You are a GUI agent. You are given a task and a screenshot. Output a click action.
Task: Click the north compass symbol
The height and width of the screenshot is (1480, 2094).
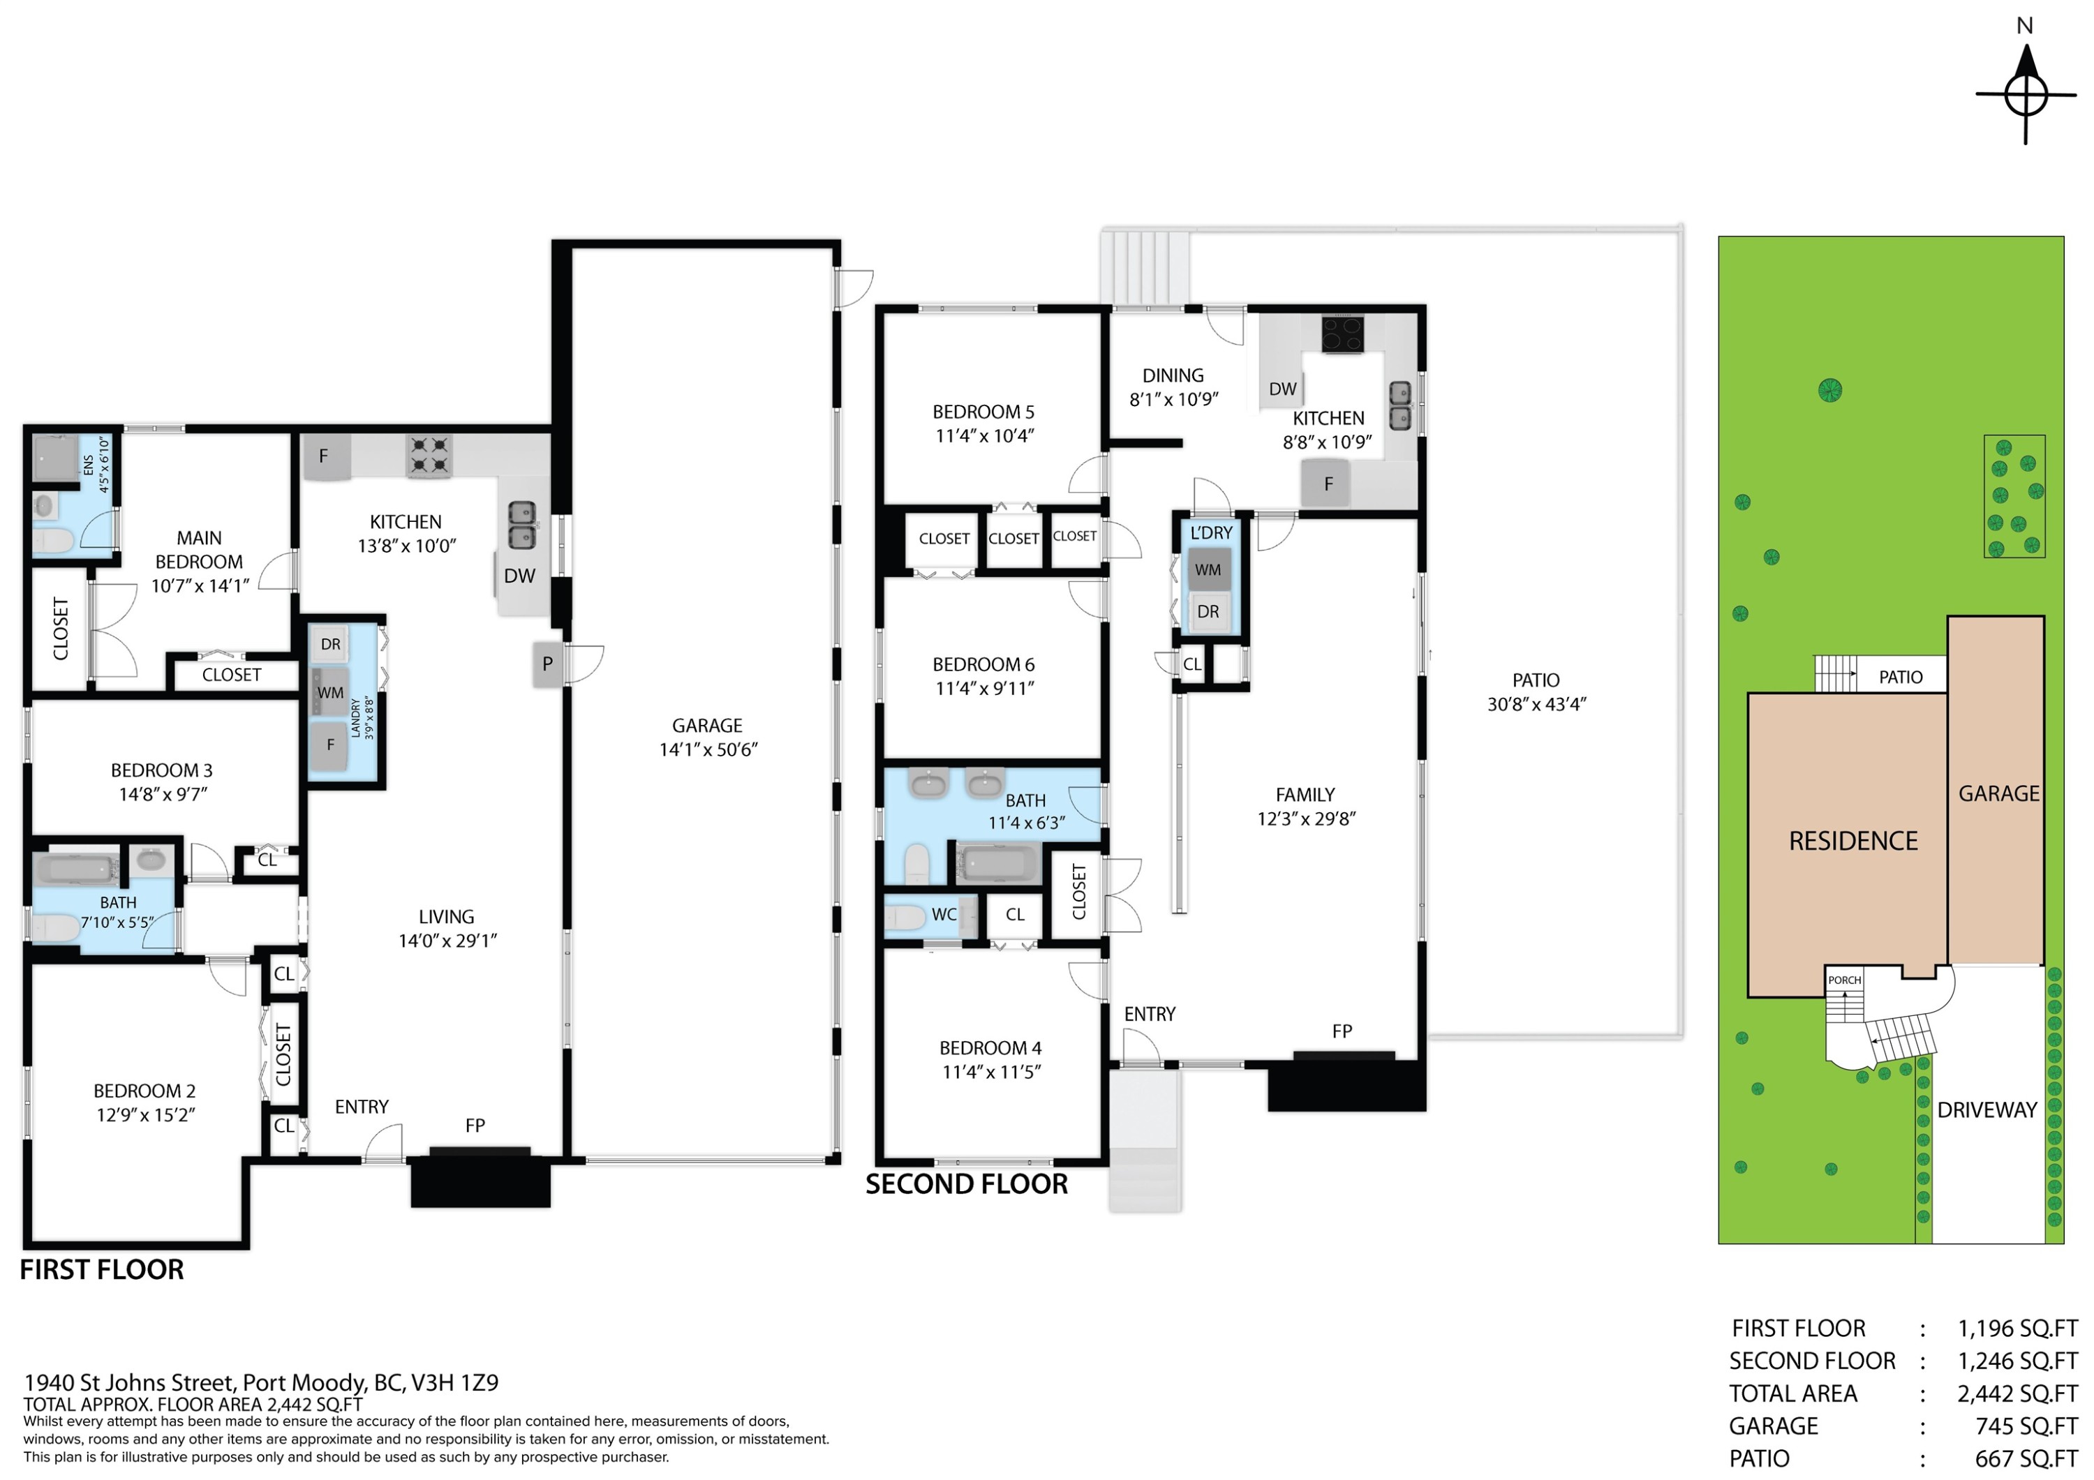[x=2026, y=94]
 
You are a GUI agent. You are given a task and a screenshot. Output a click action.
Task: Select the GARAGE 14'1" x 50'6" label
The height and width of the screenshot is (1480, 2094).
[x=708, y=738]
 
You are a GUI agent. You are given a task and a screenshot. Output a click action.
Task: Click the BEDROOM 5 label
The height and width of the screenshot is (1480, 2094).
[x=983, y=412]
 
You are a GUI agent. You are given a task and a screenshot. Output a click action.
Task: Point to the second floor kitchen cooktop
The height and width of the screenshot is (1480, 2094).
[x=1342, y=334]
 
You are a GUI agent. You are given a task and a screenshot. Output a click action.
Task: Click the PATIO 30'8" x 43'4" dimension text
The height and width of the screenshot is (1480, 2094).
[x=1537, y=704]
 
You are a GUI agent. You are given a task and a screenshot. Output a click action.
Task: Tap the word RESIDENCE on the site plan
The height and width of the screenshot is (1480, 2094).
[x=1853, y=841]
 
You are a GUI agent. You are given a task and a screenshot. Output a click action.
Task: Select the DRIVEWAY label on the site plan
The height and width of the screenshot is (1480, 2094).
[x=1987, y=1109]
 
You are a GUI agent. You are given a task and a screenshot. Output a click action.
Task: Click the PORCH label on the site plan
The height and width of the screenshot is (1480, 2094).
[x=1844, y=980]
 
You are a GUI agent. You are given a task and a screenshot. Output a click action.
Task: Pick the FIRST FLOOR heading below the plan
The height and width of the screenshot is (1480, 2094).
[x=102, y=1269]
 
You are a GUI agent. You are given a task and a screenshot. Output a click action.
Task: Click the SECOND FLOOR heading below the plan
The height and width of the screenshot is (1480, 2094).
[x=967, y=1183]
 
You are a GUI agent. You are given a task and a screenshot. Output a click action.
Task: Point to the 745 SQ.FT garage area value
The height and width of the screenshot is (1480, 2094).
[x=2026, y=1426]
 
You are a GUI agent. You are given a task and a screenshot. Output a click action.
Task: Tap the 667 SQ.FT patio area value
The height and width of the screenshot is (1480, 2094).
[x=2026, y=1458]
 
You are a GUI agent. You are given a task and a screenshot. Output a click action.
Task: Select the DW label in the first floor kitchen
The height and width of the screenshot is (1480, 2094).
[x=520, y=576]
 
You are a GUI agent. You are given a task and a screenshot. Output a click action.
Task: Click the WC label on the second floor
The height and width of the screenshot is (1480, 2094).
[x=944, y=915]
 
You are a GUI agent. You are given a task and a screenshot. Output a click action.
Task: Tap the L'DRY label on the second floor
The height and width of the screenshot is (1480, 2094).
[x=1211, y=532]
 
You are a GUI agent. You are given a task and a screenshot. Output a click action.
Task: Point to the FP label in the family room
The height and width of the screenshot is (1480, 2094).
[x=1342, y=1031]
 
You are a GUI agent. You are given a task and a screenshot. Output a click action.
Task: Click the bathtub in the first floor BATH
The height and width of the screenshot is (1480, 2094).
[x=77, y=868]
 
